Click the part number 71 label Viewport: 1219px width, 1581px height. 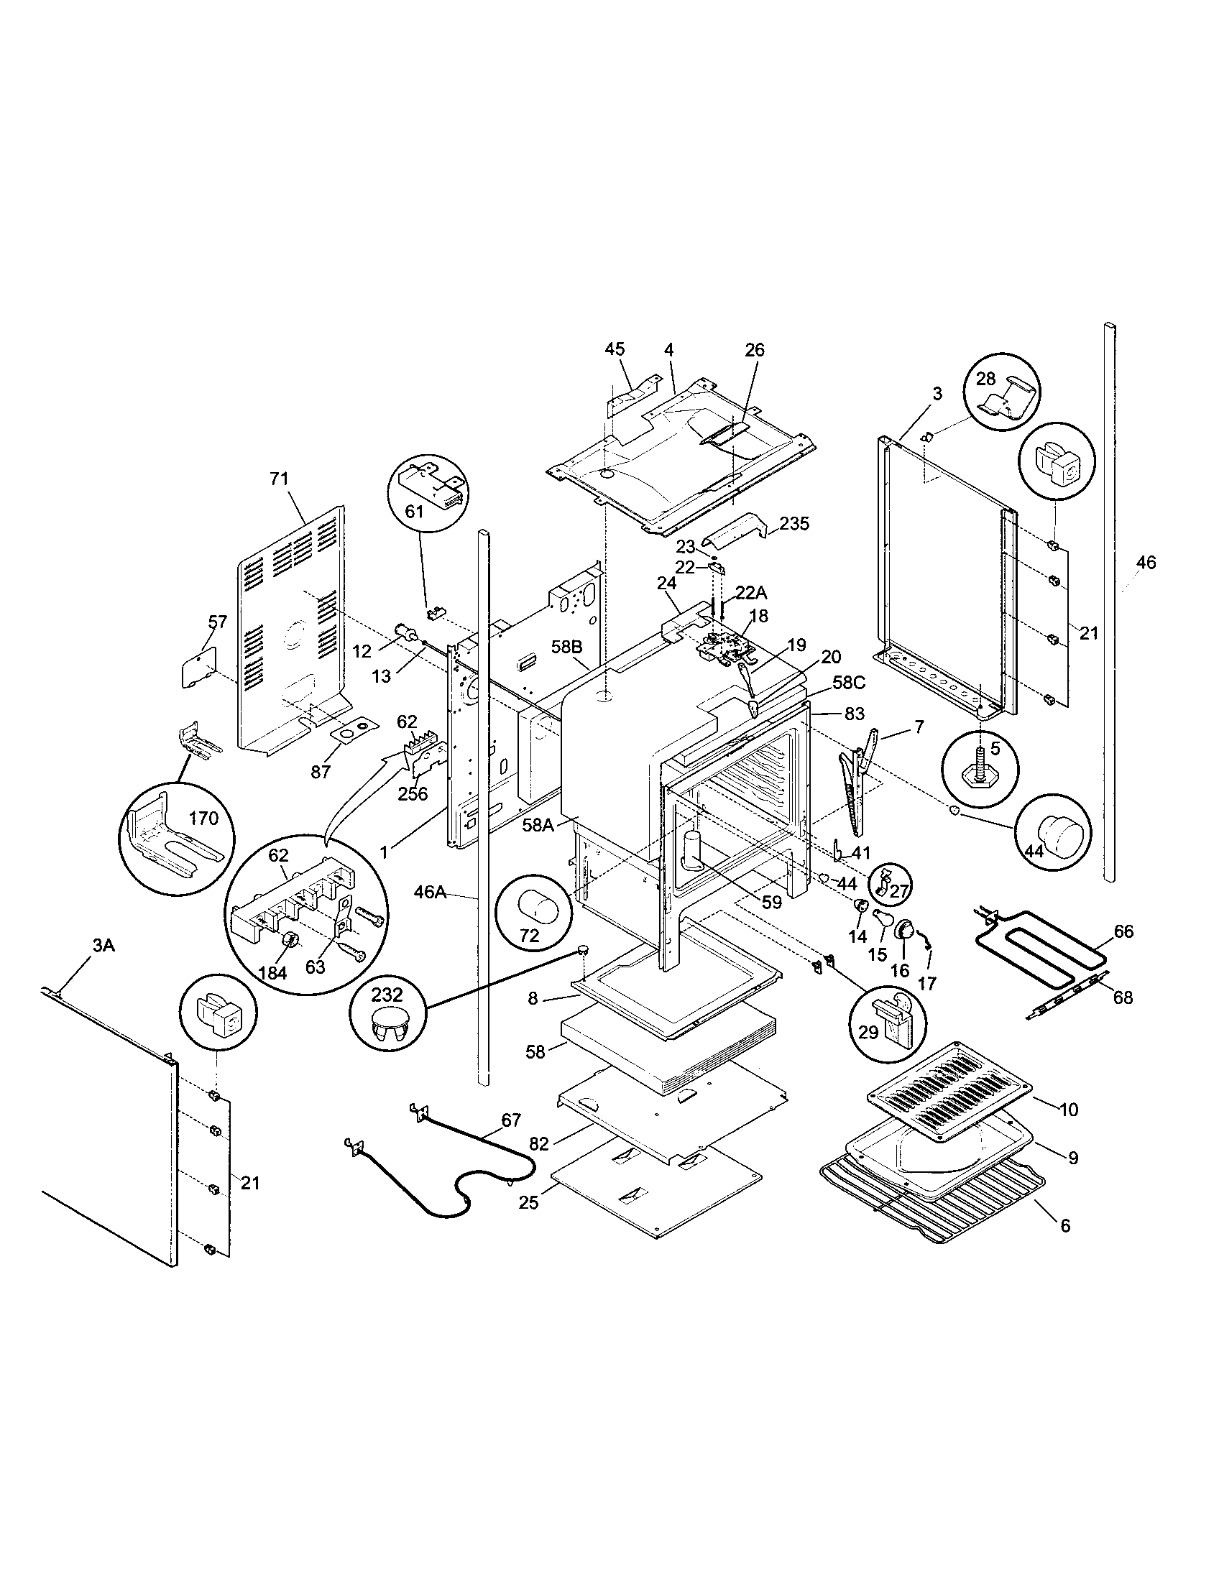(279, 479)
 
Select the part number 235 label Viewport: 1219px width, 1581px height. (794, 523)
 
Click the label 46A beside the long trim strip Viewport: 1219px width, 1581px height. (430, 893)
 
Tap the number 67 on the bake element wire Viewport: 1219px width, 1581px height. (510, 1120)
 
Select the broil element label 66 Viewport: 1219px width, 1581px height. (1123, 931)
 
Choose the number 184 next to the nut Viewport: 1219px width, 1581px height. (272, 974)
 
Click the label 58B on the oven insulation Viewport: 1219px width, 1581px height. (566, 647)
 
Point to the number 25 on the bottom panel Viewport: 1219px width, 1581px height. (529, 1202)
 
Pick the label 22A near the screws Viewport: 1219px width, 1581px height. (751, 593)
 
